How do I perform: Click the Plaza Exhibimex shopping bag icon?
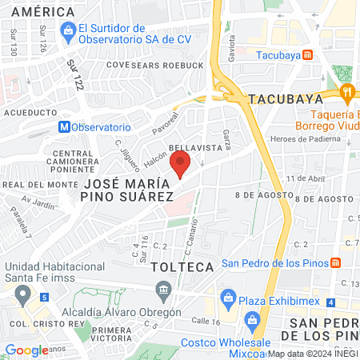[x=228, y=300]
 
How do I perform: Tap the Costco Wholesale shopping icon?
[x=254, y=322]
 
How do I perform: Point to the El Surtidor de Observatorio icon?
[x=68, y=31]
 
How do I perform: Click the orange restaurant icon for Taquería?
[x=346, y=93]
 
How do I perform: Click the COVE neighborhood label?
[x=117, y=65]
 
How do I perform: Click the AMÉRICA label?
[x=38, y=12]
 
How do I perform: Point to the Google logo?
[x=26, y=350]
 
